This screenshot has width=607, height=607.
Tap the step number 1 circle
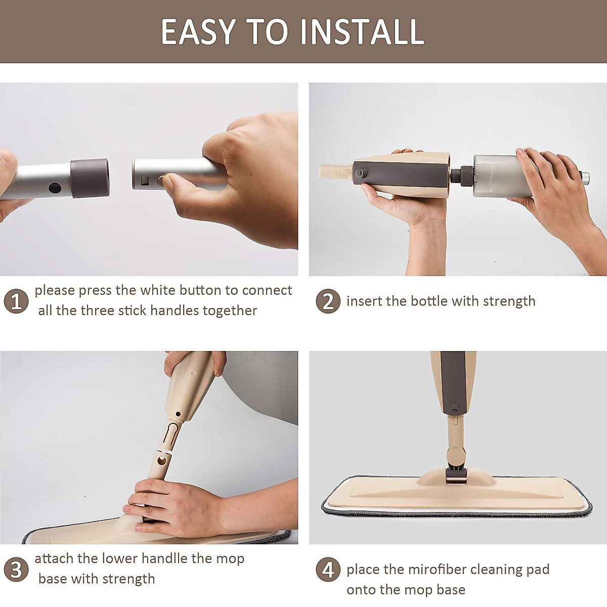click(x=16, y=301)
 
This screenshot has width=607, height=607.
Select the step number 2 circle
click(x=328, y=301)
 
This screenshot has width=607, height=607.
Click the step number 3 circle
click(x=16, y=570)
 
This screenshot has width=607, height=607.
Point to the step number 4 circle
click(x=328, y=570)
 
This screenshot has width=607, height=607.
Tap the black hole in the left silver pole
click(x=55, y=188)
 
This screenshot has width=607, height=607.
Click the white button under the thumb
click(x=161, y=180)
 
